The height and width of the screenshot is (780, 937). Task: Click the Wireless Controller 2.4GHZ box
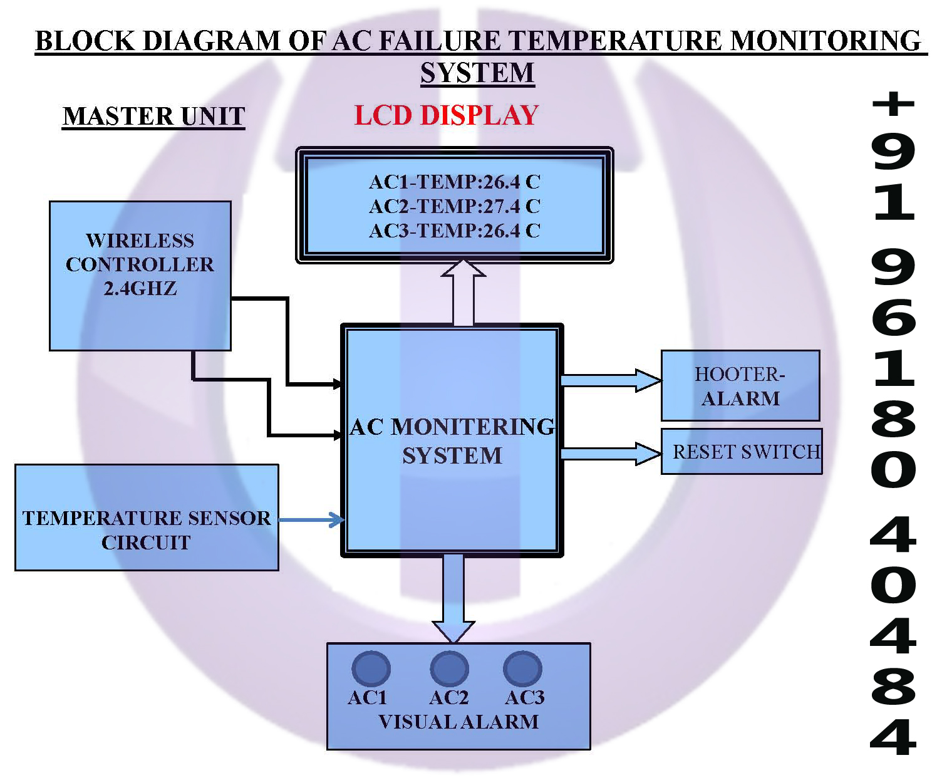tap(140, 276)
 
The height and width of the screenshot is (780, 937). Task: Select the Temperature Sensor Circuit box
tap(147, 517)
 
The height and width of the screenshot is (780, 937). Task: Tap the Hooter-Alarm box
tap(740, 385)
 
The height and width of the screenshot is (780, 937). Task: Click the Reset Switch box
tap(742, 451)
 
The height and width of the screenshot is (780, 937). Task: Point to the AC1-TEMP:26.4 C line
tap(454, 182)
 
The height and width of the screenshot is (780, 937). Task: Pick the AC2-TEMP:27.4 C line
tap(454, 206)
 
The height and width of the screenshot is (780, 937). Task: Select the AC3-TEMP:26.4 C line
tap(454, 231)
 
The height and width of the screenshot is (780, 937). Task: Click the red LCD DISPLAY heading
tap(446, 115)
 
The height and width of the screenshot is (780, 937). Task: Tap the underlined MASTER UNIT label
tap(154, 117)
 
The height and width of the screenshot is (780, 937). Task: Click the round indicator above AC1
tap(371, 668)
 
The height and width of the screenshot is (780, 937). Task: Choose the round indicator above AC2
tap(449, 668)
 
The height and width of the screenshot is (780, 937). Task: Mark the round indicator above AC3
tap(522, 668)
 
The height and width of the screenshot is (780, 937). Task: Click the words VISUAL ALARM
tap(458, 722)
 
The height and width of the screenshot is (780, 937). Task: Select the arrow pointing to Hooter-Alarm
tap(610, 380)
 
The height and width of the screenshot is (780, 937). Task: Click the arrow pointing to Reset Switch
tap(610, 453)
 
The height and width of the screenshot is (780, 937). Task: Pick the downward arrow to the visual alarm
tap(453, 598)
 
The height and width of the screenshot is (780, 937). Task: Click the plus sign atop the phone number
tap(893, 103)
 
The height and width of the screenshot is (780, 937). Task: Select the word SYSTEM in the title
tap(477, 73)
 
